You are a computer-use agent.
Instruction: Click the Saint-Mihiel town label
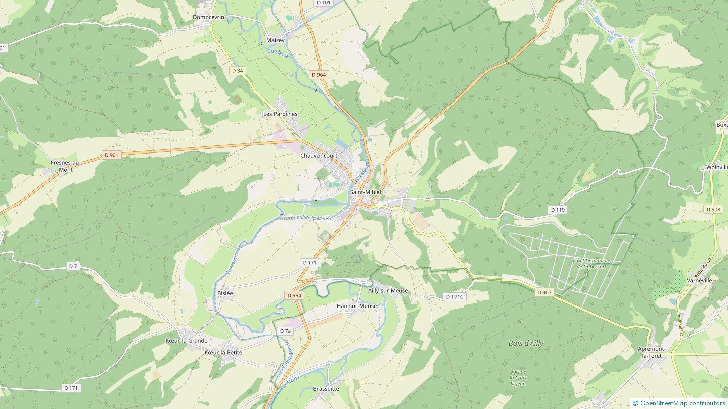tap(365, 192)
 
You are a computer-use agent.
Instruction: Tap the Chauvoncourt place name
tap(318, 156)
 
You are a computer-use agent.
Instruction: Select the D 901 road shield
tap(112, 155)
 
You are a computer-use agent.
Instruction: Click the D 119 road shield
tap(557, 209)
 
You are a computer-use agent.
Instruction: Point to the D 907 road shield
tap(544, 292)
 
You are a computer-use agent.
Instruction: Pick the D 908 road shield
tap(713, 209)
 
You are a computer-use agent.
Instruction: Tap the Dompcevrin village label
tap(208, 17)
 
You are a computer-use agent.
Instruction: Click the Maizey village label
tap(275, 40)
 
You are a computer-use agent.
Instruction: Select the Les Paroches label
tap(280, 114)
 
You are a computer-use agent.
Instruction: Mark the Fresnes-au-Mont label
tap(65, 166)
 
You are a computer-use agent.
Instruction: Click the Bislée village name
tap(225, 293)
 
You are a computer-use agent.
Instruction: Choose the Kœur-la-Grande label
tap(187, 341)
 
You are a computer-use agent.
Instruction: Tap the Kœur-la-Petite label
tap(223, 352)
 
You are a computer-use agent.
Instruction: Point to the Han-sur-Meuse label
tap(356, 306)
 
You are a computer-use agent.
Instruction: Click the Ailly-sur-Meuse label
tap(388, 291)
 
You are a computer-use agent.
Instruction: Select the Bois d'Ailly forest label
tap(526, 343)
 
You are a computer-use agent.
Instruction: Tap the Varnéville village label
tap(699, 280)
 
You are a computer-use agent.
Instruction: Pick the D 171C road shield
tap(454, 297)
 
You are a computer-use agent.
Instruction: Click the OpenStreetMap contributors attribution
tap(682, 403)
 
